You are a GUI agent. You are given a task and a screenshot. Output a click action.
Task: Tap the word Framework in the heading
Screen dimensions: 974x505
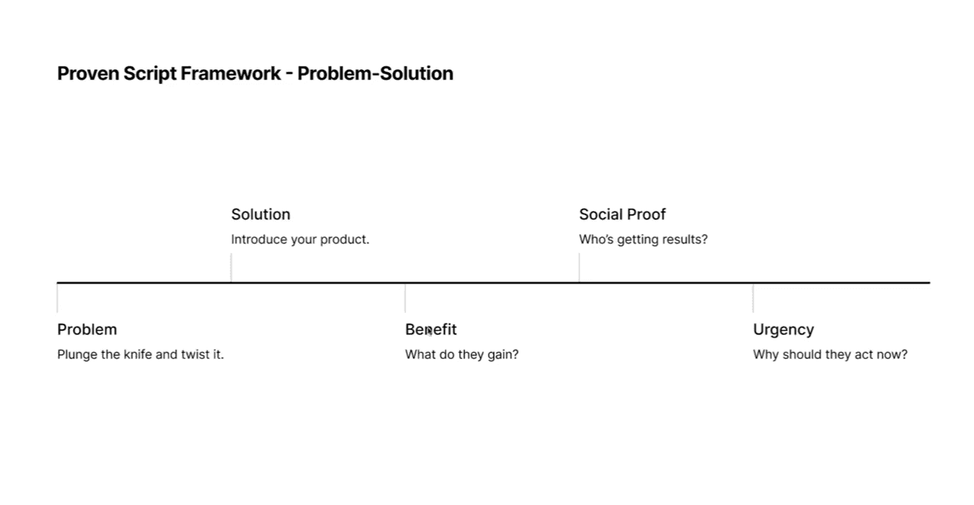(231, 74)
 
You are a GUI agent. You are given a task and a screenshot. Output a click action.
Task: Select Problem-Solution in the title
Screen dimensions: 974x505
(375, 74)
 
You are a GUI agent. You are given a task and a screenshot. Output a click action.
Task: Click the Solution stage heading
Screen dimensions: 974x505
(261, 215)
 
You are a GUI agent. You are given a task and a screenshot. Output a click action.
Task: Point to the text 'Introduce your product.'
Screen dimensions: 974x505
(300, 239)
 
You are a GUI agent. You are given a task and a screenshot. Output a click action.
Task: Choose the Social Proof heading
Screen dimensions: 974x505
(622, 215)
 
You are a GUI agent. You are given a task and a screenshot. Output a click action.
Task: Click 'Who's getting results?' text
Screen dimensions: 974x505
(643, 239)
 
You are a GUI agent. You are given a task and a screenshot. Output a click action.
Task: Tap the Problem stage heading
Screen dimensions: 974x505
(87, 330)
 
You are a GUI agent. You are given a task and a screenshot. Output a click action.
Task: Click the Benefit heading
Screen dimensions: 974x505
(431, 330)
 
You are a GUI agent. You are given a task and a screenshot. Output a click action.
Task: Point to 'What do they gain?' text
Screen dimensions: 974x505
(462, 354)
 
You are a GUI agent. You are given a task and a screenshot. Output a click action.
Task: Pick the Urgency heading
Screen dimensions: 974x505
(783, 330)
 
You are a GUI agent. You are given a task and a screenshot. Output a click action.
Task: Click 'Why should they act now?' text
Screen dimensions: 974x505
(830, 354)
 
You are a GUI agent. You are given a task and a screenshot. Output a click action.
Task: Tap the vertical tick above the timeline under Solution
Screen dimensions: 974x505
(231, 268)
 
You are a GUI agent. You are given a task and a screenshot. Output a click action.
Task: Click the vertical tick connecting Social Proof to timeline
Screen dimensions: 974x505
(579, 268)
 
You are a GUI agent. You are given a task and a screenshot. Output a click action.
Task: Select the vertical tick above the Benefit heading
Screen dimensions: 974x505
(405, 298)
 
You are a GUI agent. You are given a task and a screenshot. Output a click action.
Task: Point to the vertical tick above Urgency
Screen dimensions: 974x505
(753, 298)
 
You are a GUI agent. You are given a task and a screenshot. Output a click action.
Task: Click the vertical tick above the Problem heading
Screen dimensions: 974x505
(57, 298)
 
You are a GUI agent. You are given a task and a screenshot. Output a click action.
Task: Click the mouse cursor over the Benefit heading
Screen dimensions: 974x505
(429, 332)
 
